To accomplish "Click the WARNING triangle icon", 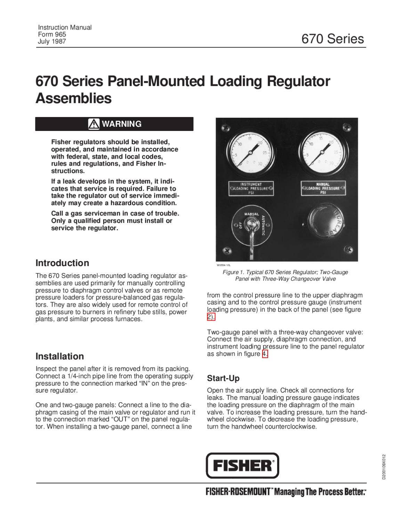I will pos(94,124).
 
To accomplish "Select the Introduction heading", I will pos(62,263).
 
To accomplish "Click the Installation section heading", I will pos(60,356).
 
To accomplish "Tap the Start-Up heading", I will pos(223,378).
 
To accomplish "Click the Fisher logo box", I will pos(242,465).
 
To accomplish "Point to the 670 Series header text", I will pos(332,39).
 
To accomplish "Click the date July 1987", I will pos(52,41).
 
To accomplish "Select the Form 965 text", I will pos(52,34).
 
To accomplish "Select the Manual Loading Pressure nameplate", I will pos(323,188).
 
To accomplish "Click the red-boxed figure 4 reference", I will pos(265,354).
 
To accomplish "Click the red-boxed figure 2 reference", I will pos(211,317).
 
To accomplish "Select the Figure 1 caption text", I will pos(285,275).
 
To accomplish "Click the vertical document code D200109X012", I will pos(384,467).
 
